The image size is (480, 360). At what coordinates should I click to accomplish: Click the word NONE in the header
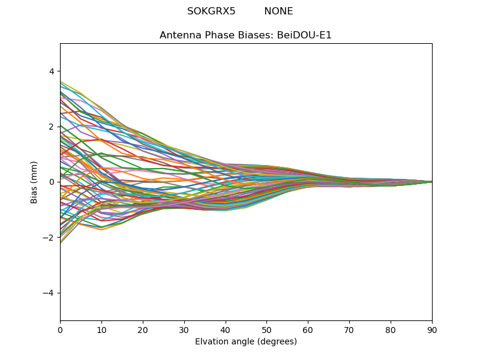(x=278, y=11)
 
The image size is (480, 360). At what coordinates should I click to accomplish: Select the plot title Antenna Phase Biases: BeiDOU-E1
(x=245, y=35)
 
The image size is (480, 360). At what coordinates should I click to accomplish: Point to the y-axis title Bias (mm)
(x=34, y=182)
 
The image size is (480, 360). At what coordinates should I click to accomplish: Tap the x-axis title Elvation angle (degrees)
(x=245, y=342)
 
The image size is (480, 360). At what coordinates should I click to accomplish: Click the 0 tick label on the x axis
(x=60, y=329)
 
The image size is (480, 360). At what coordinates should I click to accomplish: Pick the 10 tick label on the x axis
(x=101, y=329)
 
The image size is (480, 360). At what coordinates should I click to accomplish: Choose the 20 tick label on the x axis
(x=143, y=329)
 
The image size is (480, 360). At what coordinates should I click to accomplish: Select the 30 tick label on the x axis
(x=184, y=329)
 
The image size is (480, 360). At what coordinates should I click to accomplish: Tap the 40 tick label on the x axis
(x=226, y=329)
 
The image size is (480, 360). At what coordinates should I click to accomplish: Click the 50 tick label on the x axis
(x=266, y=329)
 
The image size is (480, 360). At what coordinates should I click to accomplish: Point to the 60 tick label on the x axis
(x=308, y=329)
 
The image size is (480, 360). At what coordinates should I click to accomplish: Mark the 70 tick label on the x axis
(x=349, y=329)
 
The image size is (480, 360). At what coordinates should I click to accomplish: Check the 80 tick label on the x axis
(x=391, y=329)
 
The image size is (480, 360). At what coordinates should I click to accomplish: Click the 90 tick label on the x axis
(x=432, y=329)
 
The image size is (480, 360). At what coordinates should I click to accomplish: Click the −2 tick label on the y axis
(x=49, y=238)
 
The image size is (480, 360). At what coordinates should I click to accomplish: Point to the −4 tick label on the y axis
(x=49, y=293)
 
